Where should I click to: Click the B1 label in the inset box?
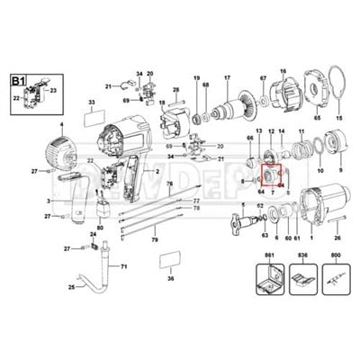tap(18, 80)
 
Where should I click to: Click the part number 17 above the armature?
tap(228, 77)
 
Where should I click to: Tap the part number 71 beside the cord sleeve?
tap(124, 267)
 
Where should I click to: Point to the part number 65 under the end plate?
tap(316, 117)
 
